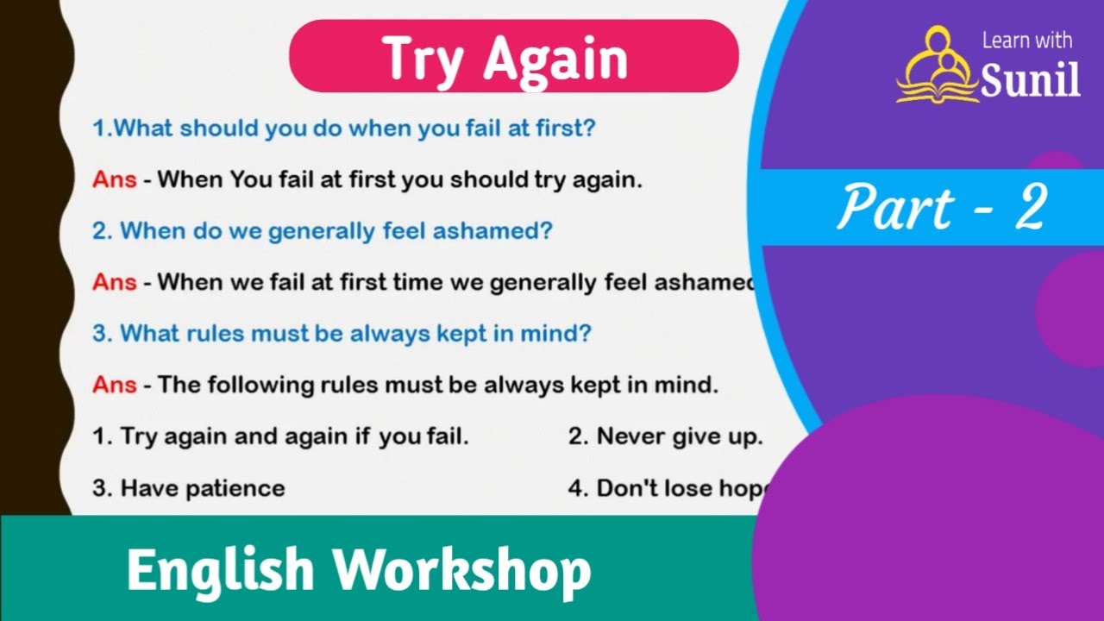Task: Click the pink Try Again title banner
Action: point(513,57)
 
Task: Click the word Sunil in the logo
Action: point(1031,81)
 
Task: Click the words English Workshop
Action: point(358,570)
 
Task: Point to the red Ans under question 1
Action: point(114,180)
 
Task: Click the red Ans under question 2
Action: point(114,282)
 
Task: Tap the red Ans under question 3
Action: point(114,385)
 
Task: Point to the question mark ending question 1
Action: point(590,129)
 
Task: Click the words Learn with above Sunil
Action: point(1027,41)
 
